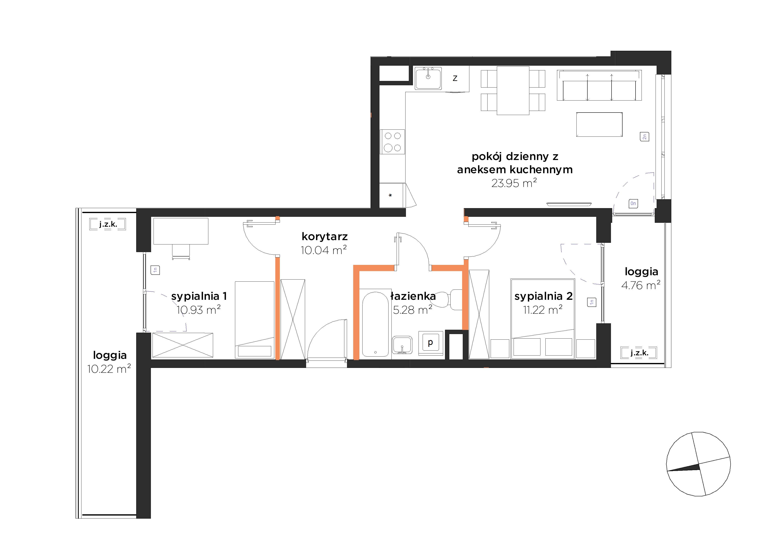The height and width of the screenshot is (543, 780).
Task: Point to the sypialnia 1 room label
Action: (x=199, y=296)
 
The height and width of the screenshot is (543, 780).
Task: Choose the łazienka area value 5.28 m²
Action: (x=412, y=310)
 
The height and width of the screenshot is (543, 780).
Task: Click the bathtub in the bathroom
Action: (x=375, y=324)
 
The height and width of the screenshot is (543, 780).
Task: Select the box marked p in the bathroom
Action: (x=431, y=343)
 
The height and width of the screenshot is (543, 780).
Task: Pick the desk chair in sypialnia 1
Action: (x=181, y=252)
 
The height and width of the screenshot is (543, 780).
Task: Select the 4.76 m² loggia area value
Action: (x=641, y=285)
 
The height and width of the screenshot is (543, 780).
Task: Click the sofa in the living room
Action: (x=599, y=85)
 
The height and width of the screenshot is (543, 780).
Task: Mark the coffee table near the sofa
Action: (x=599, y=124)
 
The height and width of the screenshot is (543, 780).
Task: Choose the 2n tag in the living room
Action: (x=644, y=136)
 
